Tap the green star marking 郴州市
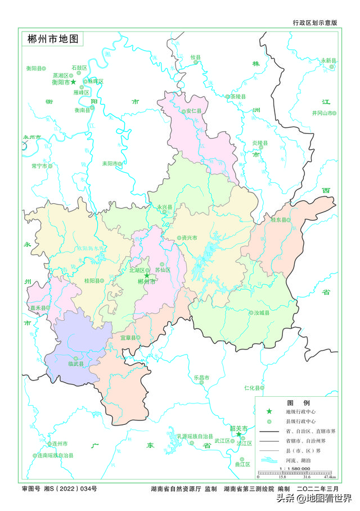coord(147,275)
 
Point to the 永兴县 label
coord(165,207)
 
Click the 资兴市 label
coord(188,238)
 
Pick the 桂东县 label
coord(279,220)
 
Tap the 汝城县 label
coord(262,313)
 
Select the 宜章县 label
coord(128,338)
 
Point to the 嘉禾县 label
coord(39,308)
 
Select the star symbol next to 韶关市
coord(238,434)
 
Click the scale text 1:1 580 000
coord(294,468)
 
